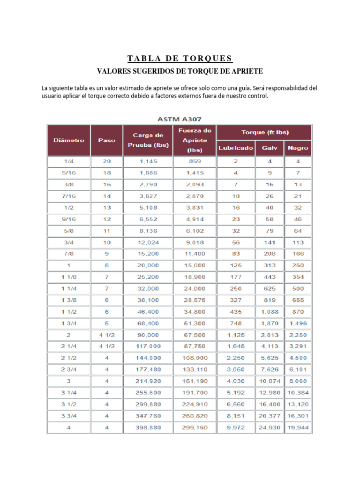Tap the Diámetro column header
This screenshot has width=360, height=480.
point(68,140)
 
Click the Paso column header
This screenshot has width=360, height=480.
point(106,140)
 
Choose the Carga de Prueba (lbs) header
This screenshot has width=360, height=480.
point(148,140)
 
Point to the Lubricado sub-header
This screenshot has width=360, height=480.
point(235,148)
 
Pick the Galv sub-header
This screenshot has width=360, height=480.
point(270,148)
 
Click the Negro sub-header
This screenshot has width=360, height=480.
point(298,148)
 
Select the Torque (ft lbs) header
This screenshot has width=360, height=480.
point(264,132)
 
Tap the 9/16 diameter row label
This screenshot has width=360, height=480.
point(68,219)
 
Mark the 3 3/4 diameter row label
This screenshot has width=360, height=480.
point(68,416)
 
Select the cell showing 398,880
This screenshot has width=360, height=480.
point(148,428)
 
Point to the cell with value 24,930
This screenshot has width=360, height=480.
point(270,428)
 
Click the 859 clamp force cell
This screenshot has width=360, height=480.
point(195,161)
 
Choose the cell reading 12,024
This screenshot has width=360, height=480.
point(148,242)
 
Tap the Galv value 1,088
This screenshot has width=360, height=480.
point(270,312)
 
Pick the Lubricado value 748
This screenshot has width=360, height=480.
point(235,323)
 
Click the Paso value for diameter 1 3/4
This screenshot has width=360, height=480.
point(106,323)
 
